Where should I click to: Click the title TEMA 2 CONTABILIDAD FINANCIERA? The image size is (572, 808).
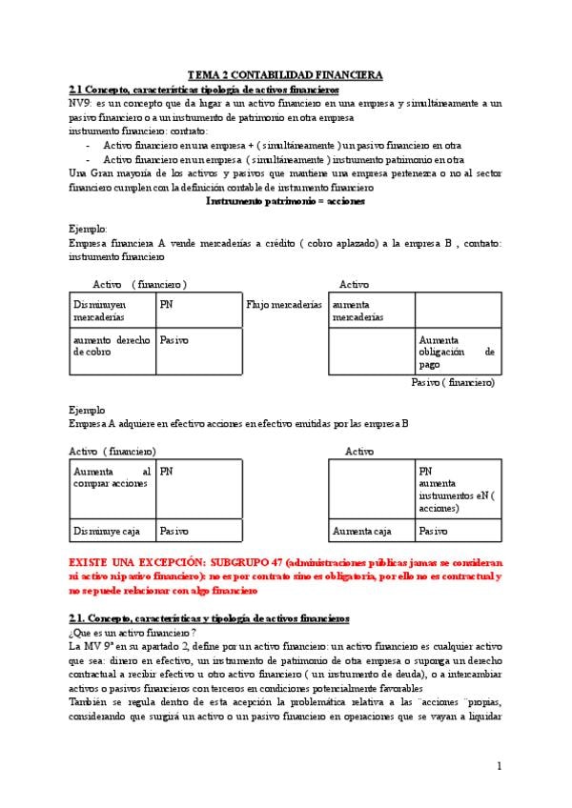285,74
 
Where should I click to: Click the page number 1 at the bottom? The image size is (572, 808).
499,767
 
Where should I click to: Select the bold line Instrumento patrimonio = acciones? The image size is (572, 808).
285,201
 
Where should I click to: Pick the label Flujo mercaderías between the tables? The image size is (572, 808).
284,305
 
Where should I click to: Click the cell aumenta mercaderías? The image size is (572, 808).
357,311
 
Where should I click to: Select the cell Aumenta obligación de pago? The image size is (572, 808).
457,352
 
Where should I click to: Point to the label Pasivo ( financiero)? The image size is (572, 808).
453,382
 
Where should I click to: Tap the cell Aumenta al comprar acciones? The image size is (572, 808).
112,477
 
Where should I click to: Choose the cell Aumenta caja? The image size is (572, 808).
361,531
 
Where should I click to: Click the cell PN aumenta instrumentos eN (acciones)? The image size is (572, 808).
457,489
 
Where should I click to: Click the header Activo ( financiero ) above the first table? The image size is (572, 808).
139,284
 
